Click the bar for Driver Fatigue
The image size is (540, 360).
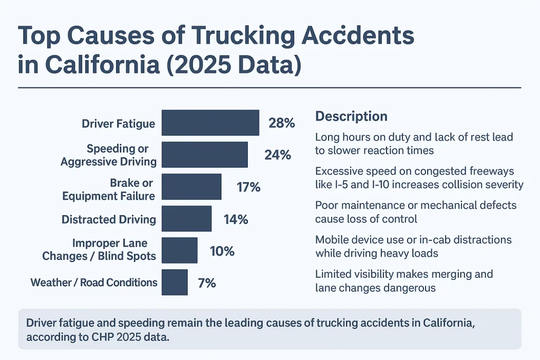click(210, 123)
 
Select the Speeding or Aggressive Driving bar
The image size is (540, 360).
click(205, 154)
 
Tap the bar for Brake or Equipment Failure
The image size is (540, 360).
click(191, 187)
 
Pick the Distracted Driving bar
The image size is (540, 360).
click(186, 219)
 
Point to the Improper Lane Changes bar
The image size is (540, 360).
click(179, 250)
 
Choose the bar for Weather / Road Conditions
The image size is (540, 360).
click(175, 283)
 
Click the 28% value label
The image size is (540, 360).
click(281, 123)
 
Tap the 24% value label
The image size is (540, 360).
click(277, 155)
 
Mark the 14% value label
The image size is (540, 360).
click(235, 219)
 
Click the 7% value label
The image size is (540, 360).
click(207, 283)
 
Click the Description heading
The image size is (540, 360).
click(351, 116)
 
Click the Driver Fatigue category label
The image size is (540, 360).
click(118, 124)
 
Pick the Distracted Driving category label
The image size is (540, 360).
click(109, 219)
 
